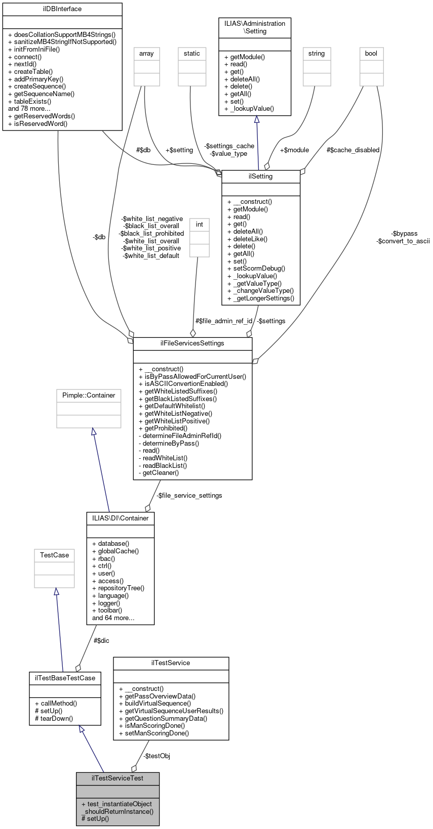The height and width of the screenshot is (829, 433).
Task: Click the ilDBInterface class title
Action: coord(62,9)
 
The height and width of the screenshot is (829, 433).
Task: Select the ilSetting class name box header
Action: coord(261,177)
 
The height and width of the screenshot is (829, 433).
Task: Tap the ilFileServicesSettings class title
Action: coord(192,343)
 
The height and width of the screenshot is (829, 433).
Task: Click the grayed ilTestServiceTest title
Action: coord(117,778)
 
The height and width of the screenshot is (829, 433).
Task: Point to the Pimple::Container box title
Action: coord(89,396)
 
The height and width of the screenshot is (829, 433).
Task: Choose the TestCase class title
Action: coord(54,555)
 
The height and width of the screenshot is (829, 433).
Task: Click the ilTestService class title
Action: coord(171,663)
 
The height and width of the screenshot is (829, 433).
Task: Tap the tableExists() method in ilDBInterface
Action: coord(30,101)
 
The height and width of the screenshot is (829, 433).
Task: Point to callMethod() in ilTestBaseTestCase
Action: coord(56,704)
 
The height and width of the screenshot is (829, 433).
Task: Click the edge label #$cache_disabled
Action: coord(353,150)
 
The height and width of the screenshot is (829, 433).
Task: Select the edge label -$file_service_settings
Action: coord(189,496)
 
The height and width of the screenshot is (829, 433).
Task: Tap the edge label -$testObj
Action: coord(156,756)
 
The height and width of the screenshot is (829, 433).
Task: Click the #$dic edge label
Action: coord(101,641)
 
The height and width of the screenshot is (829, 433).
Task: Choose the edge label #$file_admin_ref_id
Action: coord(224,321)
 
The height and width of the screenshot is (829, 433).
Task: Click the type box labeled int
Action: coord(200,225)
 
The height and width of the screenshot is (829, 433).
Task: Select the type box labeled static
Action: coord(192,54)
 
